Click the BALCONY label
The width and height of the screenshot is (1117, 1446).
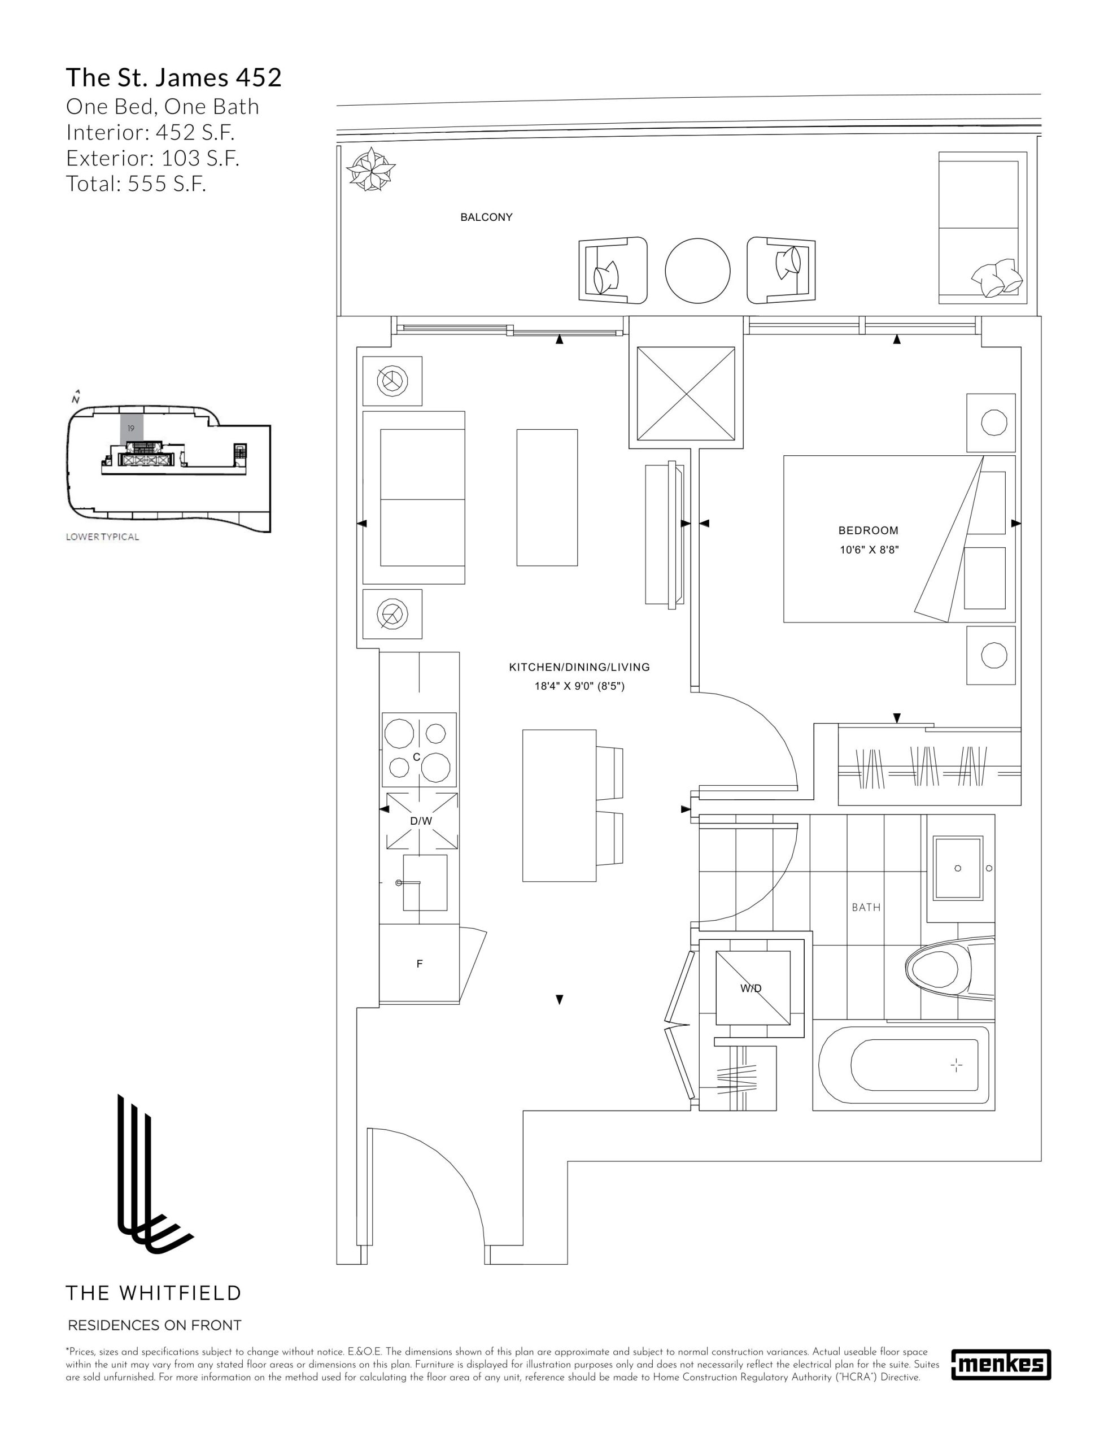tap(486, 217)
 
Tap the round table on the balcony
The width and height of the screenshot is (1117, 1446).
tap(697, 270)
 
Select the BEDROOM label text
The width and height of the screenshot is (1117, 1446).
tap(868, 530)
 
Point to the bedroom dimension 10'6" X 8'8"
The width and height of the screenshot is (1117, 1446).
tap(869, 550)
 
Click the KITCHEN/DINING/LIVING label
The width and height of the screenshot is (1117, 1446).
tap(579, 668)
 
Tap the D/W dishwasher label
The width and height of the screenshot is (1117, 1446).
tap(421, 821)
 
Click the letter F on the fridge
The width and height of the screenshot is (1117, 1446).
tap(419, 964)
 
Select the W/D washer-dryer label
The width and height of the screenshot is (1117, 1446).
tap(751, 988)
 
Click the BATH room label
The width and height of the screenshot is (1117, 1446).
tap(866, 907)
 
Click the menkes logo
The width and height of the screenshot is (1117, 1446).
tap(1001, 1364)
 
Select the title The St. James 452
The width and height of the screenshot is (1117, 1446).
tap(173, 77)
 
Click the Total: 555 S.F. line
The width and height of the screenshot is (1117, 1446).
tap(137, 184)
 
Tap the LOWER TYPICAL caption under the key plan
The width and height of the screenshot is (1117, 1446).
tap(103, 537)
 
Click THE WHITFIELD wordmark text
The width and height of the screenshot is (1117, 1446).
tap(154, 1293)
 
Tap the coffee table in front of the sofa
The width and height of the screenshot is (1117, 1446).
tap(547, 497)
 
